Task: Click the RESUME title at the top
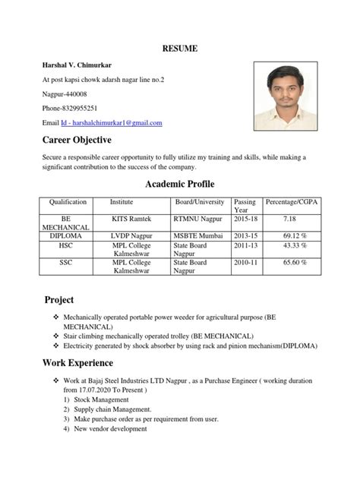(x=180, y=49)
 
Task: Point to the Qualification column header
(x=68, y=202)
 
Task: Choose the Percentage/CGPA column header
(x=290, y=202)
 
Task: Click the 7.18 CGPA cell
(x=290, y=219)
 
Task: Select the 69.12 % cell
(x=290, y=235)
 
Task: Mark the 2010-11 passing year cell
(x=245, y=263)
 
